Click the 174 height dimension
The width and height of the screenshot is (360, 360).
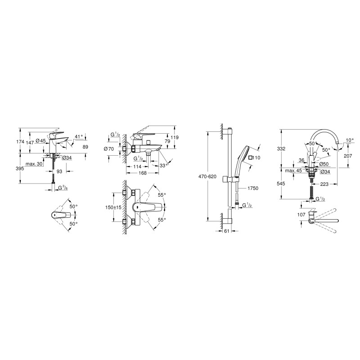(20, 142)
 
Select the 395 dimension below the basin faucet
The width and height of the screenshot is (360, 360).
(20, 168)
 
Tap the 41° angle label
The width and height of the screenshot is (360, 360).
(78, 136)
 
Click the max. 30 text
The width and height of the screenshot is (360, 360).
(34, 164)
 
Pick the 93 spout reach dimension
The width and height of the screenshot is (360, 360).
(59, 171)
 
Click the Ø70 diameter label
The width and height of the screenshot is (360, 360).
(109, 149)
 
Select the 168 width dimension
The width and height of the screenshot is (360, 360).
(143, 173)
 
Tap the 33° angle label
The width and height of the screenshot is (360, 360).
(163, 165)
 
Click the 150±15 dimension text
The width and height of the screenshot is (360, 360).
(113, 207)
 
